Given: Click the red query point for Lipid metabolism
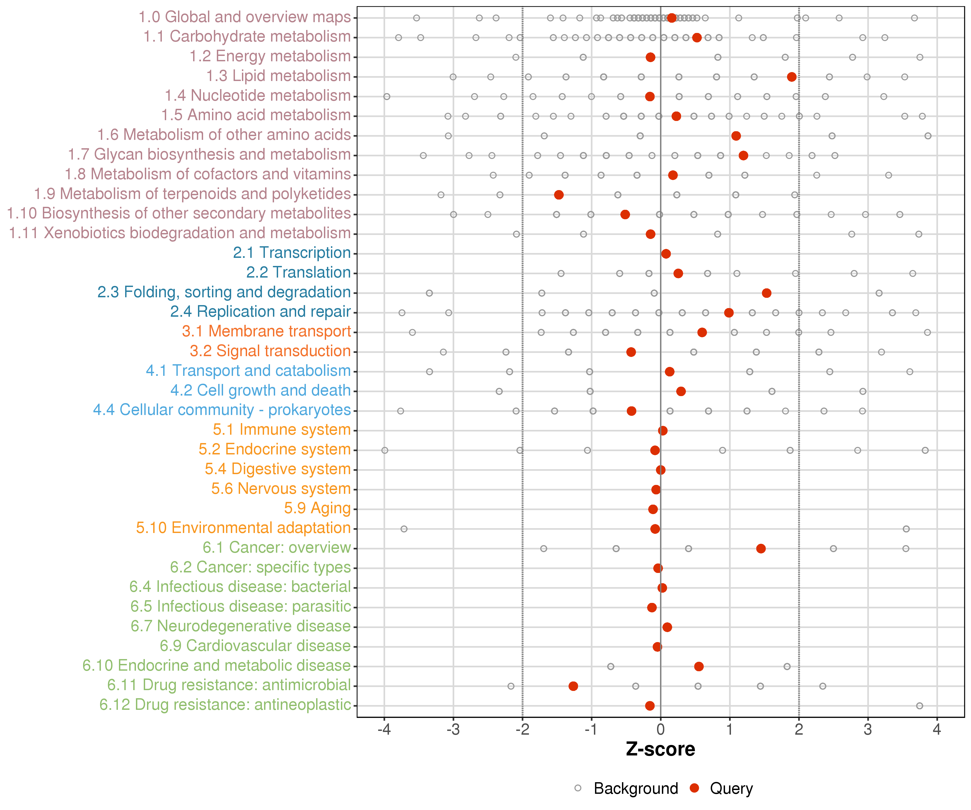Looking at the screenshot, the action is (792, 77).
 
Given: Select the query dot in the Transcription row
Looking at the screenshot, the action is (666, 254).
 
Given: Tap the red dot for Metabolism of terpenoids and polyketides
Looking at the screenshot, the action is (559, 195).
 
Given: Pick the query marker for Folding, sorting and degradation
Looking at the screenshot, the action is (766, 293).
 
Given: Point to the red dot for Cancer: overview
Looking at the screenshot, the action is (761, 548).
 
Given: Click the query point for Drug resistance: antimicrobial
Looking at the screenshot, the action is (573, 686).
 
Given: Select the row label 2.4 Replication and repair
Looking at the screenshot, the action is (260, 312).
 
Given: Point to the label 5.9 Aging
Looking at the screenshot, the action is (317, 508).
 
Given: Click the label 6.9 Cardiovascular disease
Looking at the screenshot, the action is (255, 646).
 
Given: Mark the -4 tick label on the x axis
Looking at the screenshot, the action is (384, 730).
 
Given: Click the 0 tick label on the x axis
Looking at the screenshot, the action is (660, 730).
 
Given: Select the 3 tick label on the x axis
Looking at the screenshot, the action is (868, 730).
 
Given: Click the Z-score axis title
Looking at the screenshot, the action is (660, 749).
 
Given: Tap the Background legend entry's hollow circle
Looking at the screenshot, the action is (577, 788).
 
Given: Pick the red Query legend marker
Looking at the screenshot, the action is (694, 788).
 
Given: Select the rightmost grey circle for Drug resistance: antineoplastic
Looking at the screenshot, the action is (919, 706).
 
